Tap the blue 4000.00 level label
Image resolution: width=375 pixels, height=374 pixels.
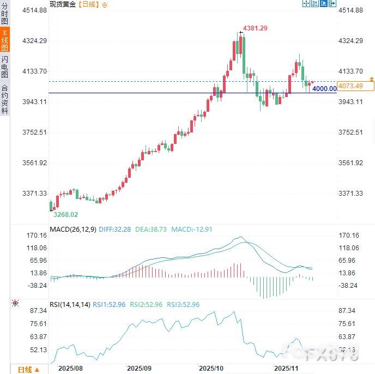coord(324,89)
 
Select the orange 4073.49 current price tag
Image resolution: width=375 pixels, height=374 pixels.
coord(350,86)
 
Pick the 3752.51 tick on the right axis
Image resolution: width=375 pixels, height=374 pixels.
coord(351,132)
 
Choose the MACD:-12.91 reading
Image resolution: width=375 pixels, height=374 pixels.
coord(191,230)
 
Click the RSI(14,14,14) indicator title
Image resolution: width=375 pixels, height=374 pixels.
coord(69,304)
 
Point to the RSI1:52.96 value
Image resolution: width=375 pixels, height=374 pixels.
coord(109,304)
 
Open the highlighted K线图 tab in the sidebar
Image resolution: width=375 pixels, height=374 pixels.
coord(5,41)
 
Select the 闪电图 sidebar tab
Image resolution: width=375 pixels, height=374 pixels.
coord(5,67)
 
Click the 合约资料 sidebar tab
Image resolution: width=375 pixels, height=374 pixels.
coord(5,99)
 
